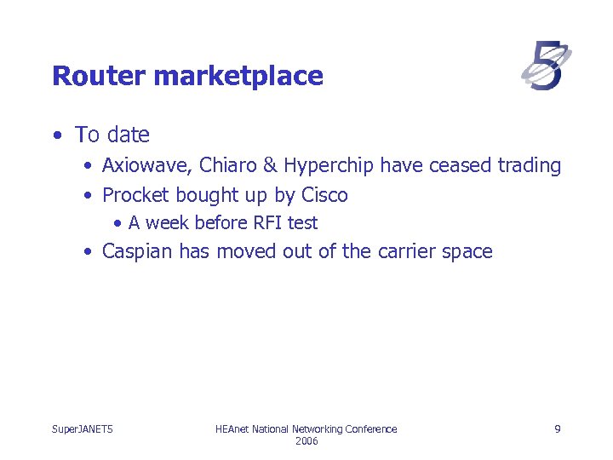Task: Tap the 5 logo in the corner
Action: pos(546,66)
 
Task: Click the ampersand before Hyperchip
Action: pos(271,165)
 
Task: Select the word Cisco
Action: pos(324,195)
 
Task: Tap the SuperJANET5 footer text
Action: pos(83,429)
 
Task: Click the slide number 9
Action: pos(557,429)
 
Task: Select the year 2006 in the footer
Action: pos(306,441)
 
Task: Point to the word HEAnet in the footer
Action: pos(234,429)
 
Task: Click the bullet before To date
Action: pos(56,135)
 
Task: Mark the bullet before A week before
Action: pos(117,224)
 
